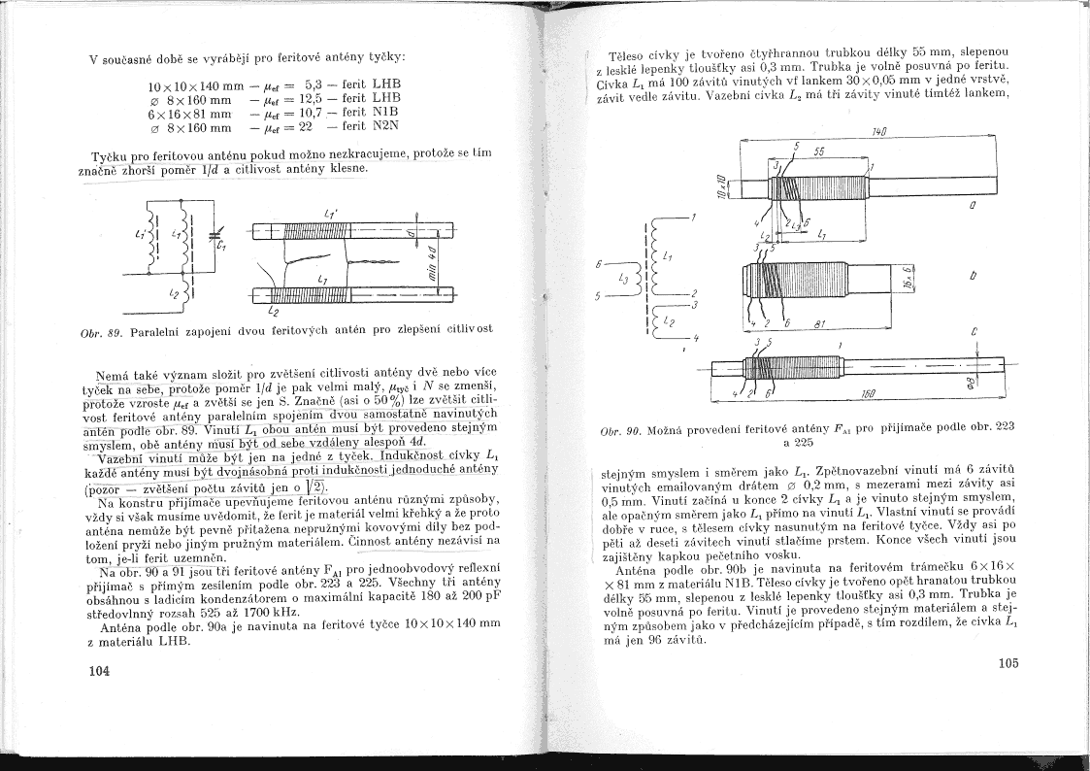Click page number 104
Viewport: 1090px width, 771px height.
point(98,670)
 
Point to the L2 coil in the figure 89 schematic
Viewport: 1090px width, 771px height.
point(177,289)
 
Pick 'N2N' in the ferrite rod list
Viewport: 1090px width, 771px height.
point(385,126)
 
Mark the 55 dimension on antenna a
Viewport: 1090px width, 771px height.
point(819,151)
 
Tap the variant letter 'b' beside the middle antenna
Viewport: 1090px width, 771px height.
point(973,276)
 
